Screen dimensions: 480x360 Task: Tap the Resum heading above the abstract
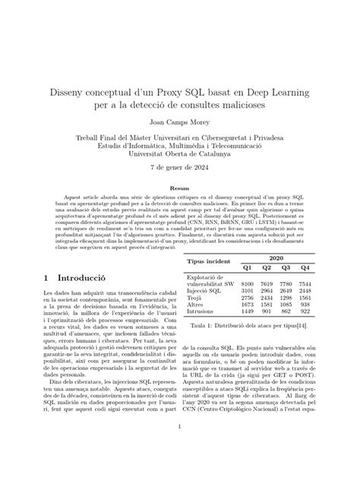180,187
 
